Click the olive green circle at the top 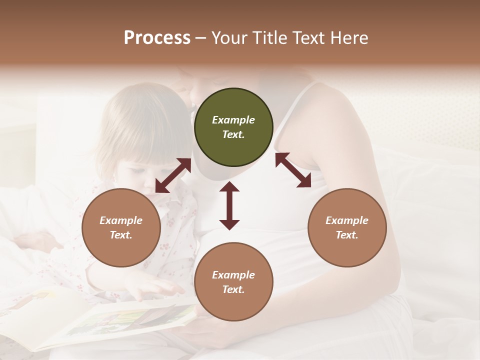[233, 127]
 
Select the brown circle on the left [121, 228]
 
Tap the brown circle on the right [347, 228]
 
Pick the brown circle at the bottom [233, 282]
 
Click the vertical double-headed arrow [229, 205]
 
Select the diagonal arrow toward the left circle [173, 175]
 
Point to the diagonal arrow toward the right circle [293, 170]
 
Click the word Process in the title [157, 37]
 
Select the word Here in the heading [349, 37]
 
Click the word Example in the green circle [233, 120]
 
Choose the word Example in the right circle [347, 220]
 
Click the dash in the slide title [201, 37]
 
